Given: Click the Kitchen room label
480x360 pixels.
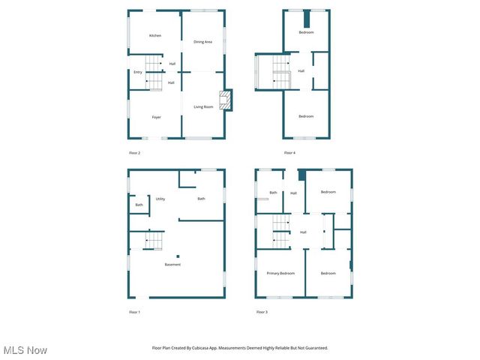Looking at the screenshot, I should tap(155, 36).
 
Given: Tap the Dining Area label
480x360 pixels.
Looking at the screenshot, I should tap(202, 42).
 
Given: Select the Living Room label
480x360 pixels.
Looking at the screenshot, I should tap(203, 106).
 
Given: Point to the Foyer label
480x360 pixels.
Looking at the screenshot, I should tap(156, 117).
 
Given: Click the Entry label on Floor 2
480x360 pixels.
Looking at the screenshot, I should tap(138, 72).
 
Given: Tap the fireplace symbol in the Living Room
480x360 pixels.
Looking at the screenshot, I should tap(223, 100).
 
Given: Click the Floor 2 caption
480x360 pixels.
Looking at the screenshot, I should tap(135, 153).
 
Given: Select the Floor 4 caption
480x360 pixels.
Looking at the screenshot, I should tap(289, 153).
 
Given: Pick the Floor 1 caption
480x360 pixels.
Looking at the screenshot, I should tap(135, 311).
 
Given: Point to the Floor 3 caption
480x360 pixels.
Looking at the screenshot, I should tap(261, 311).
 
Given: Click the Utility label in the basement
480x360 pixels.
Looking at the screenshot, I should tap(160, 199).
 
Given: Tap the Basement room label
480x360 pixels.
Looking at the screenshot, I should tap(172, 265).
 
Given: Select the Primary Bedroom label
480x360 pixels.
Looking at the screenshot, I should tap(280, 273).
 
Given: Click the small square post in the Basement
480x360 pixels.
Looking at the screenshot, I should tap(178, 256).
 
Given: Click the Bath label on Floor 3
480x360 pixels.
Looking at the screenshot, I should tap(273, 193).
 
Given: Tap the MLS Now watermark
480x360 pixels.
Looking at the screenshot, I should tap(25, 350).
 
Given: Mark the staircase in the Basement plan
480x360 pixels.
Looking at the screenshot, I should tap(154, 240).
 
